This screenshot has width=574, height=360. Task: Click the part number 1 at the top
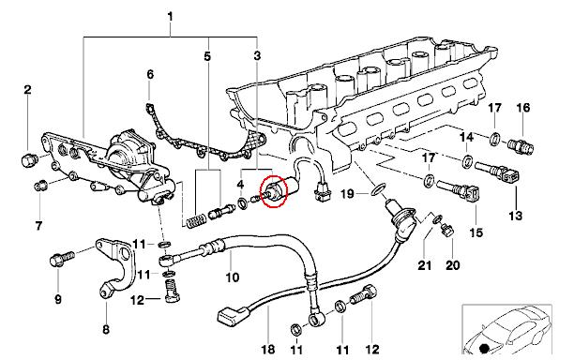(170, 17)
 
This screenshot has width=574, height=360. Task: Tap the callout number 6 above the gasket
(150, 75)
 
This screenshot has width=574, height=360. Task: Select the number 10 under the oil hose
(232, 277)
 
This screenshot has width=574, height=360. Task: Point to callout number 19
(347, 193)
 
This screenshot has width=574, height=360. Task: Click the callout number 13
(516, 215)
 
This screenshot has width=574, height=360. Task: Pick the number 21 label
(425, 265)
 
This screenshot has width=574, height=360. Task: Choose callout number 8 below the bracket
(106, 329)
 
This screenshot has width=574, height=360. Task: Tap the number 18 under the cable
(268, 349)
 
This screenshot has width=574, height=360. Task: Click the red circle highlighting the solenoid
(273, 190)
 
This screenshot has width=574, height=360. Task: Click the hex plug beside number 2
(28, 160)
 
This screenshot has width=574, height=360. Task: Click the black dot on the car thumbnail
(484, 349)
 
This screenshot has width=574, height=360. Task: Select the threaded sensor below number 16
(521, 146)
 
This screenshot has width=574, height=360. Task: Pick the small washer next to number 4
(242, 202)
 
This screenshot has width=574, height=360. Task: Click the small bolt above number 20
(447, 230)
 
